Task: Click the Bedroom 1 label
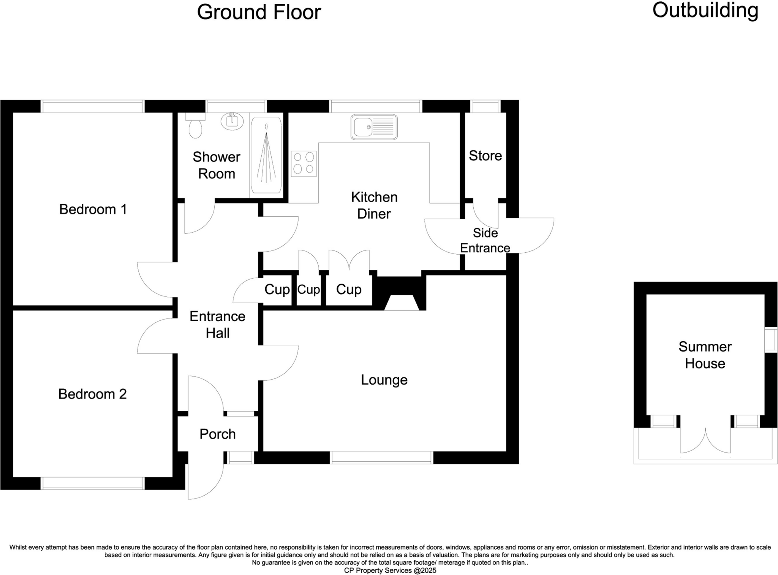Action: [x=93, y=209]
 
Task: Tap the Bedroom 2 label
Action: [x=92, y=394]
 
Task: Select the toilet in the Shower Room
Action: [x=196, y=127]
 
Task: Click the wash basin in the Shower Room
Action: [x=232, y=121]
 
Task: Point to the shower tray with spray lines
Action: [x=266, y=156]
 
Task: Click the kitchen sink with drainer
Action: [x=374, y=127]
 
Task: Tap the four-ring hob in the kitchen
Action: [x=304, y=163]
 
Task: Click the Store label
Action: [x=485, y=156]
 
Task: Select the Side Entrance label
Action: [x=485, y=241]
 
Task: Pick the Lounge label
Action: [x=384, y=380]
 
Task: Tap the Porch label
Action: [x=217, y=434]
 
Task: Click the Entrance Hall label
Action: [x=217, y=325]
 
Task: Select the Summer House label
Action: [x=705, y=355]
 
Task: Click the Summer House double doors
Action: [x=705, y=441]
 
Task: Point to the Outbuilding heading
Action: [x=705, y=11]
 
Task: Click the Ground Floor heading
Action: [x=259, y=12]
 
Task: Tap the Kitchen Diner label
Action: [x=374, y=205]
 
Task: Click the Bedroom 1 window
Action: [x=92, y=106]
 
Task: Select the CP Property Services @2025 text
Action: [x=390, y=570]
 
